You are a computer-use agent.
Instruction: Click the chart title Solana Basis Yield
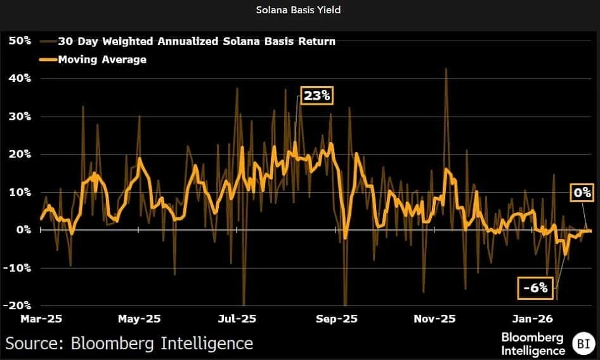(x=299, y=10)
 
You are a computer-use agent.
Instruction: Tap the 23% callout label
(x=316, y=96)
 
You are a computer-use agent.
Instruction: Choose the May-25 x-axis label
(x=140, y=319)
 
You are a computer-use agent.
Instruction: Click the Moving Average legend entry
(x=101, y=60)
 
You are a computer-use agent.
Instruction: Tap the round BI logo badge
(x=582, y=344)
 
